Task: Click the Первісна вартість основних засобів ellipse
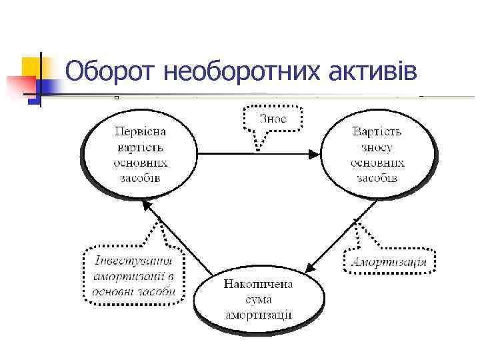click(x=139, y=154)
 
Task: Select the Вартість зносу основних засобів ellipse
click(x=378, y=154)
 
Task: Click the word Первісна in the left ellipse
click(x=140, y=131)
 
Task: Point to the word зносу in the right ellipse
click(x=378, y=147)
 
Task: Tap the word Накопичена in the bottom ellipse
click(x=258, y=284)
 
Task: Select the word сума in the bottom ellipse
click(x=259, y=299)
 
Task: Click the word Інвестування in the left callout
click(x=133, y=261)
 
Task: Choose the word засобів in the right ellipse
click(x=378, y=178)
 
